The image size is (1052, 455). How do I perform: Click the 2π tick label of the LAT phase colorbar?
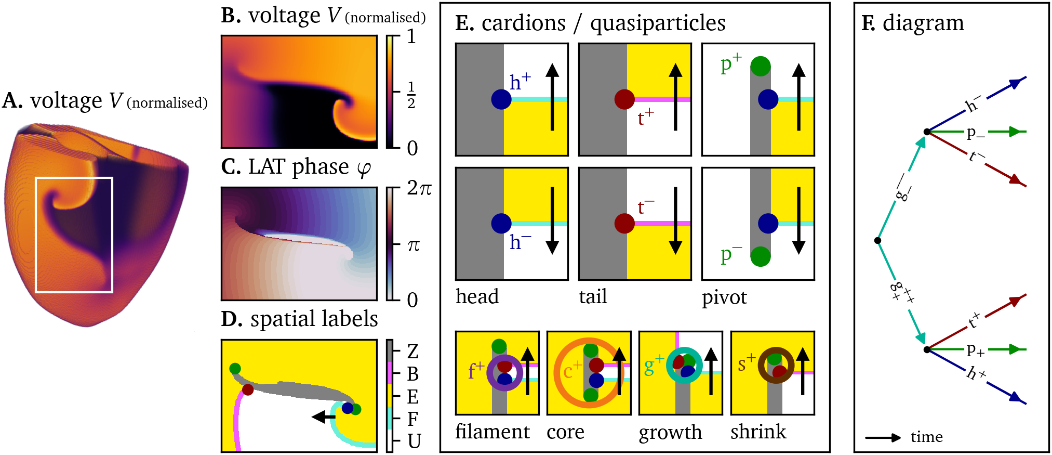pyautogui.click(x=419, y=188)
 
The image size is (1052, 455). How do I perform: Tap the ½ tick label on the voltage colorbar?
pyautogui.click(x=411, y=95)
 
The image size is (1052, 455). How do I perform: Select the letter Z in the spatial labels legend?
pyautogui.click(x=413, y=352)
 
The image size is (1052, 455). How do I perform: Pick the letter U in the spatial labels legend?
pyautogui.click(x=414, y=441)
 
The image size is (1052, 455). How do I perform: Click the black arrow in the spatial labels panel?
pyautogui.click(x=324, y=417)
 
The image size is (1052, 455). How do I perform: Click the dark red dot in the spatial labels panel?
pyautogui.click(x=248, y=389)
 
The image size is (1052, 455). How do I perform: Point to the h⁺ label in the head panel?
pyautogui.click(x=520, y=82)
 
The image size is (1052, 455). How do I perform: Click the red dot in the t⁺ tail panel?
pyautogui.click(x=624, y=99)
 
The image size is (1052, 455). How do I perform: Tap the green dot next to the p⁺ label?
pyautogui.click(x=760, y=66)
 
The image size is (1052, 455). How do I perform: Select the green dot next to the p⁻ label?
pyautogui.click(x=760, y=256)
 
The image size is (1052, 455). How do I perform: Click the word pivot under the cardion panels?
pyautogui.click(x=724, y=297)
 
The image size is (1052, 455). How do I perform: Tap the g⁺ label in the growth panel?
pyautogui.click(x=654, y=365)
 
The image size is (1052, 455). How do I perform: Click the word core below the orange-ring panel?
pyautogui.click(x=565, y=432)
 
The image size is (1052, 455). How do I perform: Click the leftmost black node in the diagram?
pyautogui.click(x=877, y=240)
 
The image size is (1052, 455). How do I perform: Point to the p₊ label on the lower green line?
pyautogui.click(x=975, y=350)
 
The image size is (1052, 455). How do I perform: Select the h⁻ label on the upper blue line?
pyautogui.click(x=972, y=104)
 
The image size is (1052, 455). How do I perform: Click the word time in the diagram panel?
pyautogui.click(x=926, y=437)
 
